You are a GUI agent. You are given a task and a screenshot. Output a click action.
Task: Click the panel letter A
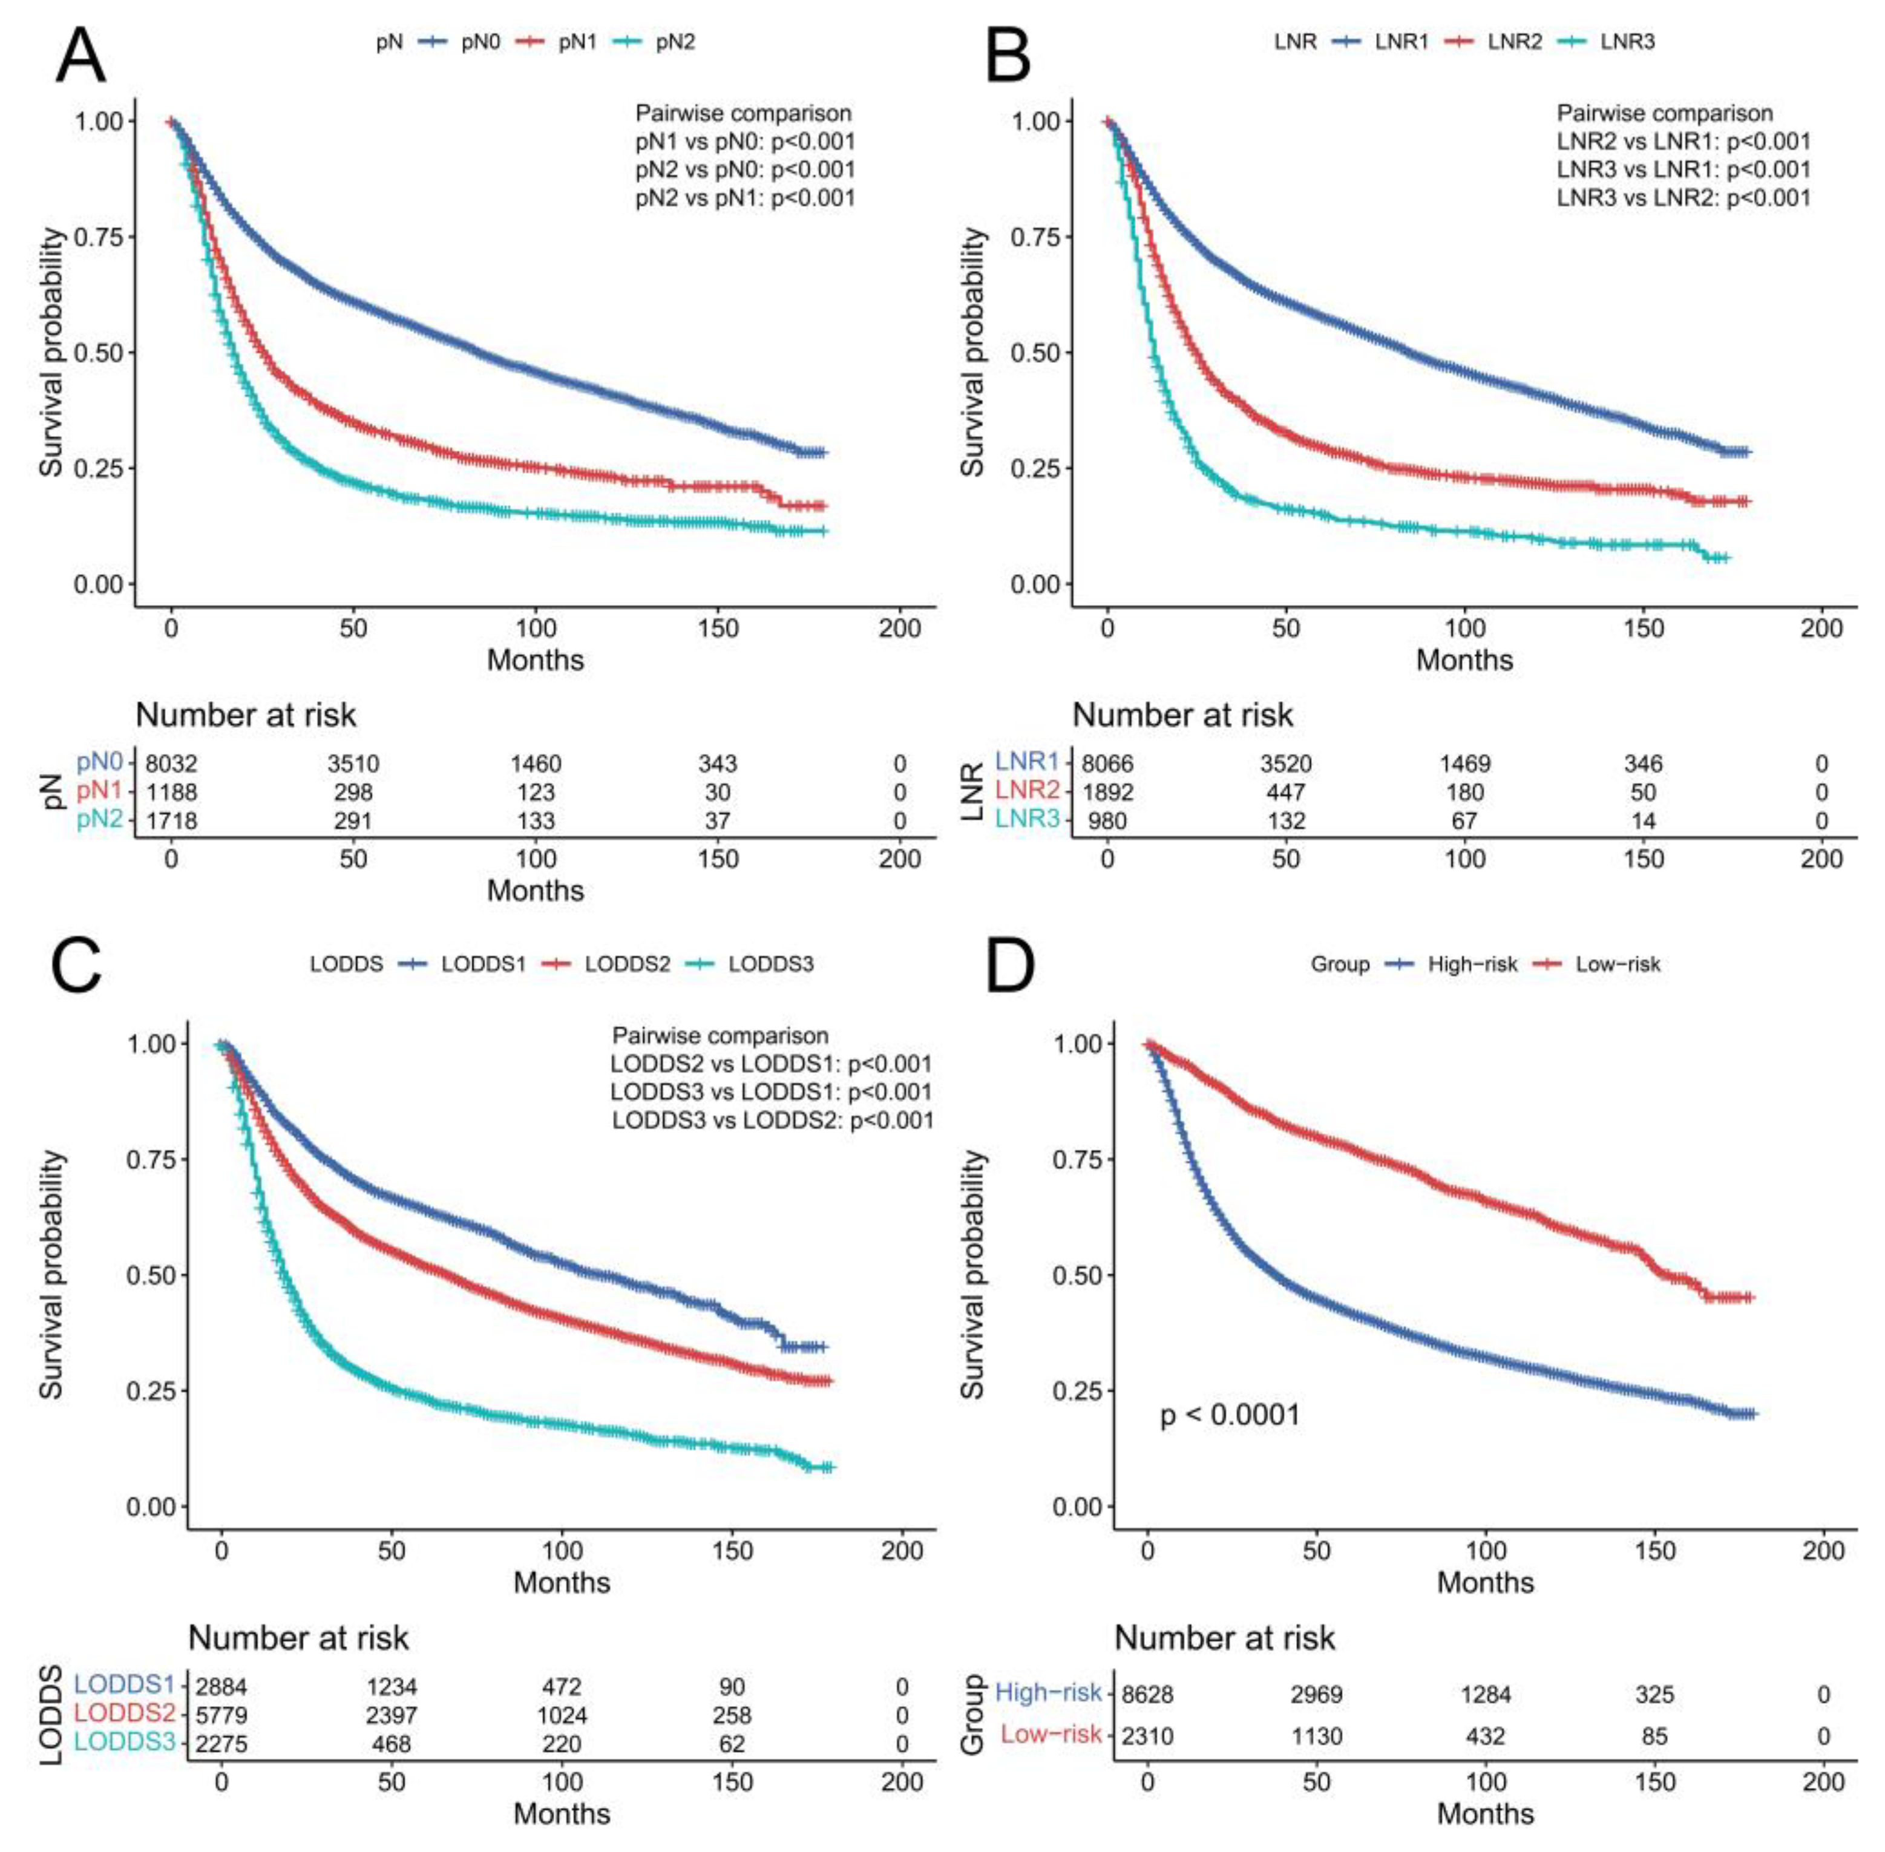coord(80,56)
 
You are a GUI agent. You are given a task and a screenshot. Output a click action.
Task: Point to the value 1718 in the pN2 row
coord(171,821)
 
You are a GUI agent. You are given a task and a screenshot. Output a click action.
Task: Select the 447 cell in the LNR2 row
coord(1286,793)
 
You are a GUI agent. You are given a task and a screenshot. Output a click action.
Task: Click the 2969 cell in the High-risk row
coord(1316,1695)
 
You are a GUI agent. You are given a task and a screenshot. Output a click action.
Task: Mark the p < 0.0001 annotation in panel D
coord(1230,1415)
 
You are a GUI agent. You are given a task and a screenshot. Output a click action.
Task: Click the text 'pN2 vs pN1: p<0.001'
coord(745,198)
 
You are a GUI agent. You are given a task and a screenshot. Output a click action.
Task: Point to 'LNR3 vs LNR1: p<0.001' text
coord(1683,170)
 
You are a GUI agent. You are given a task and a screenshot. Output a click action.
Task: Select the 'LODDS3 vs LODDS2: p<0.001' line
coord(772,1121)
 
